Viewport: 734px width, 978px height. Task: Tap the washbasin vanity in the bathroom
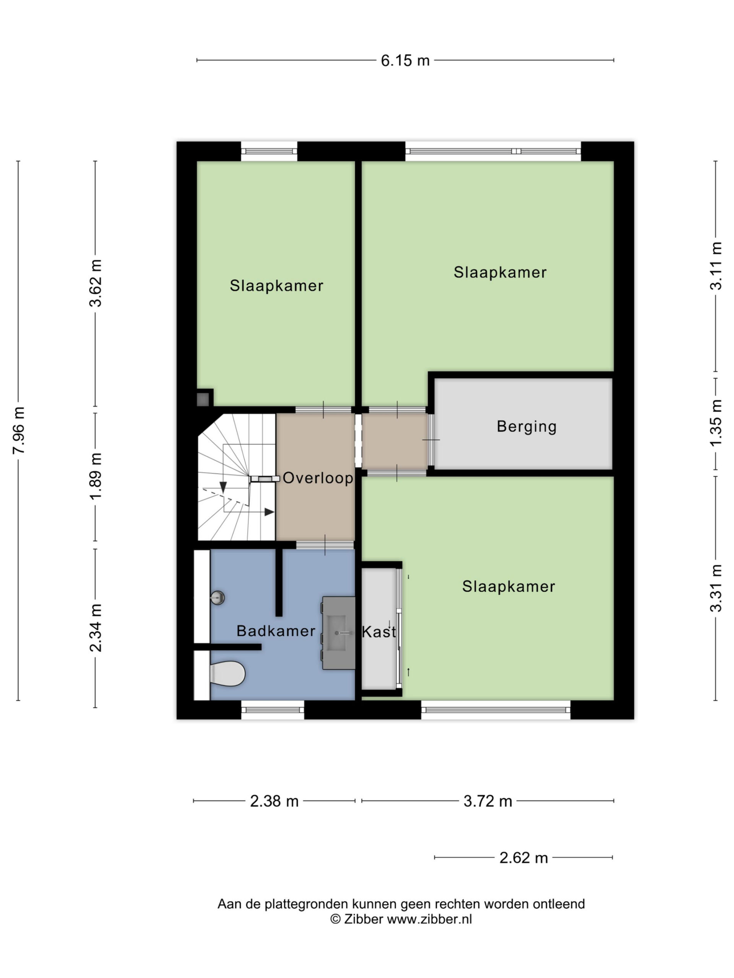click(x=338, y=633)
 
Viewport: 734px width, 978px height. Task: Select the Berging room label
click(x=526, y=427)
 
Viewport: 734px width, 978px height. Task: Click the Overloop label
click(x=318, y=478)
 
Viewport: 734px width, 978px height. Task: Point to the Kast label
click(x=379, y=632)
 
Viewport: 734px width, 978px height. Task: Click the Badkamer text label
click(x=276, y=630)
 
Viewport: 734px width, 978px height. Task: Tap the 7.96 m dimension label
click(x=19, y=430)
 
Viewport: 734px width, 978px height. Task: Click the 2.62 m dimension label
click(x=523, y=858)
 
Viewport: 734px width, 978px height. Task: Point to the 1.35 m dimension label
click(x=716, y=423)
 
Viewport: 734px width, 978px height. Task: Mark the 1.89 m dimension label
click(x=96, y=476)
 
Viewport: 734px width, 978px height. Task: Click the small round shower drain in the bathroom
click(x=218, y=598)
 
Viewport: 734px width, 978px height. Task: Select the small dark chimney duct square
click(x=203, y=400)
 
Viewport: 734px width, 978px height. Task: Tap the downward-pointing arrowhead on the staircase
click(x=223, y=487)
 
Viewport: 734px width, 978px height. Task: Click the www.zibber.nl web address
click(x=429, y=919)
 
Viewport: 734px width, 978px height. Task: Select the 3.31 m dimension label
click(x=716, y=588)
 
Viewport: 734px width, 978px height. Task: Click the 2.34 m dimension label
click(x=96, y=628)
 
